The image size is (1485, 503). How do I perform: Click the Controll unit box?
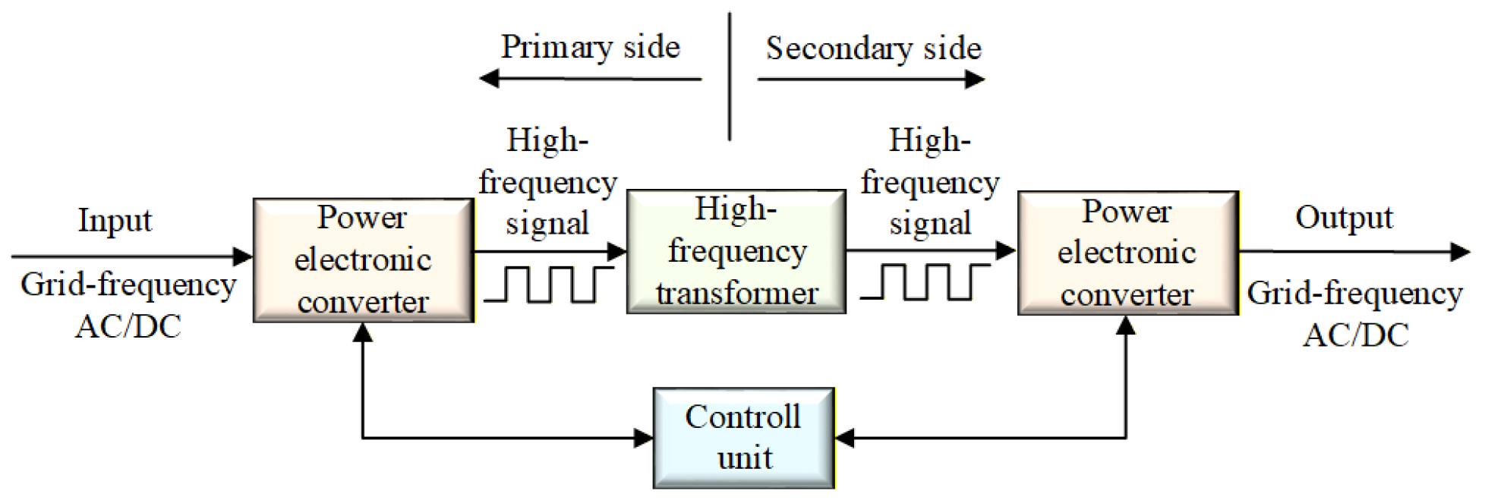pyautogui.click(x=744, y=438)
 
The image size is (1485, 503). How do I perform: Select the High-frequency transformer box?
pyautogui.click(x=736, y=251)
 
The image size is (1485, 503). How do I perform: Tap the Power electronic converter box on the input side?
pyautogui.click(x=364, y=260)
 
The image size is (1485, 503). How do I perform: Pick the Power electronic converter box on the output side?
pyautogui.click(x=1128, y=253)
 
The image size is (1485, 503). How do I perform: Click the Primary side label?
pyautogui.click(x=590, y=47)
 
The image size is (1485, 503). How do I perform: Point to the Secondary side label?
pyautogui.click(x=873, y=49)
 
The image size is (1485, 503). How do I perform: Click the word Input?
pyautogui.click(x=115, y=221)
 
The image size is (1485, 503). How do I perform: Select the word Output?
pyautogui.click(x=1344, y=218)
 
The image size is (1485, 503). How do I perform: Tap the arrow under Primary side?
pyautogui.click(x=591, y=78)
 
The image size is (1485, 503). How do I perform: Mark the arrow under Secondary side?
pyautogui.click(x=872, y=79)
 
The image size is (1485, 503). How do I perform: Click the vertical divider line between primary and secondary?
pyautogui.click(x=730, y=77)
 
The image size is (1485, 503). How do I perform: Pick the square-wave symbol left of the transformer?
pyautogui.click(x=549, y=284)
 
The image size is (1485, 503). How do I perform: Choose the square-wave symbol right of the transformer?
pyautogui.click(x=925, y=281)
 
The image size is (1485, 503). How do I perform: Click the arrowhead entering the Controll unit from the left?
pyautogui.click(x=644, y=438)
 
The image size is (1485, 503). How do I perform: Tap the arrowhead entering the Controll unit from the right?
pyautogui.click(x=845, y=438)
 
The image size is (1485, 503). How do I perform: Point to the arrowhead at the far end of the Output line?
pyautogui.click(x=1461, y=252)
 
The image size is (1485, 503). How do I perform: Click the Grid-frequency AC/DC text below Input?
pyautogui.click(x=128, y=306)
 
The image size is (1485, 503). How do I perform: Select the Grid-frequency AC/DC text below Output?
pyautogui.click(x=1355, y=313)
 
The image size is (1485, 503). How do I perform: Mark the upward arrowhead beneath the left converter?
pyautogui.click(x=363, y=332)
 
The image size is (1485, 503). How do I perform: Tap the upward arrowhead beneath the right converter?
pyautogui.click(x=1126, y=325)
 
